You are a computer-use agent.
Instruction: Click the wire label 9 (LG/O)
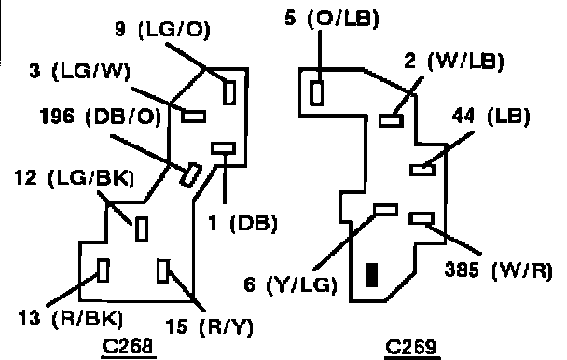pyautogui.click(x=162, y=29)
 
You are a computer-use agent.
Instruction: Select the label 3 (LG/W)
pyautogui.click(x=79, y=71)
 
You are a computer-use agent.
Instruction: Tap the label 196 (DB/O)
pyautogui.click(x=101, y=117)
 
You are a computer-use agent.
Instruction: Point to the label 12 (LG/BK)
pyautogui.click(x=75, y=177)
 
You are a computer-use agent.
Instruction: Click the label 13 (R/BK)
pyautogui.click(x=71, y=319)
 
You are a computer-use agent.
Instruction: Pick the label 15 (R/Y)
pyautogui.click(x=210, y=326)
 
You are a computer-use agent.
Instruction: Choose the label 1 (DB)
pyautogui.click(x=243, y=223)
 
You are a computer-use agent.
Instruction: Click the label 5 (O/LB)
pyautogui.click(x=332, y=18)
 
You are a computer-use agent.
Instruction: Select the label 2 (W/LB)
pyautogui.click(x=454, y=62)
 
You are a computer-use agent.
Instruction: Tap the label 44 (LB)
pyautogui.click(x=491, y=117)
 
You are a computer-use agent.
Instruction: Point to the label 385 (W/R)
pyautogui.click(x=499, y=270)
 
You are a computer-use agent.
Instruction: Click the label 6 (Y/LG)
pyautogui.click(x=291, y=284)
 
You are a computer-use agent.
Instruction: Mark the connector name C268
pyautogui.click(x=128, y=346)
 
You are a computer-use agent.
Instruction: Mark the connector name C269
pyautogui.click(x=411, y=347)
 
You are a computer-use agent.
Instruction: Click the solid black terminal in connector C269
pyautogui.click(x=372, y=275)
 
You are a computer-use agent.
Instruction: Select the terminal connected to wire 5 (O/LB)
pyautogui.click(x=317, y=93)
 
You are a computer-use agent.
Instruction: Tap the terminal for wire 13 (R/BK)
pyautogui.click(x=104, y=270)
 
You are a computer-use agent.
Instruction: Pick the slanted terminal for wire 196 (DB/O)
pyautogui.click(x=191, y=175)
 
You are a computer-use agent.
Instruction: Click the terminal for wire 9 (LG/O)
pyautogui.click(x=229, y=92)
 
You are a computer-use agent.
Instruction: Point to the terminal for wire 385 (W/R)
pyautogui.click(x=422, y=218)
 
